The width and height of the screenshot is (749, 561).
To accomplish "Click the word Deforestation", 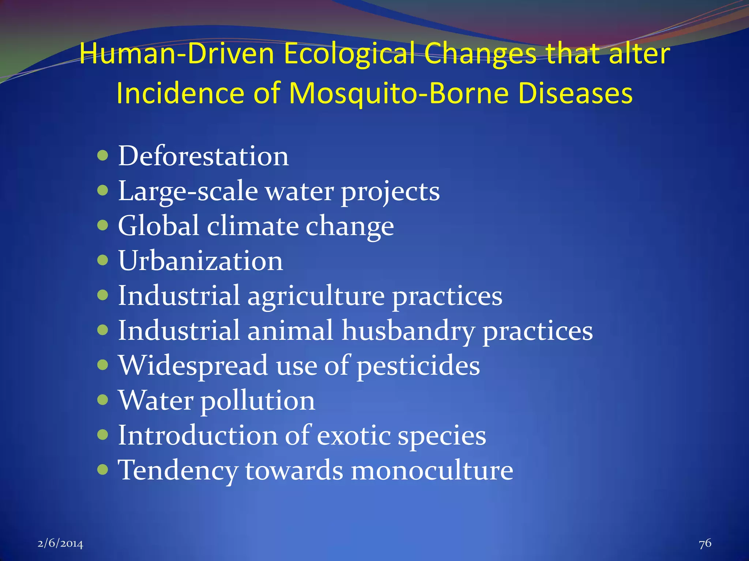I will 203,156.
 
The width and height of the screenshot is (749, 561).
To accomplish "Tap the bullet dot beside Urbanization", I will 103,260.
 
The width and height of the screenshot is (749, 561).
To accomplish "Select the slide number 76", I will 705,543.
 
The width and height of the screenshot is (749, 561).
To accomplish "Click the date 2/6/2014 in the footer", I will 60,544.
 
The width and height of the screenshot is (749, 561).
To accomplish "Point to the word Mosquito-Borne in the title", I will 398,93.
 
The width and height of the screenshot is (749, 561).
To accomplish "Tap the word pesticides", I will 418,366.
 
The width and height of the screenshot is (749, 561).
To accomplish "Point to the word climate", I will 252,226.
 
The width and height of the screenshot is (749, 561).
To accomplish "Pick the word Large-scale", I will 188,191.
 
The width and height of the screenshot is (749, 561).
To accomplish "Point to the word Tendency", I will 178,470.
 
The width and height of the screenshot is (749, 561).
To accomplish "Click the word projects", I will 390,192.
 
